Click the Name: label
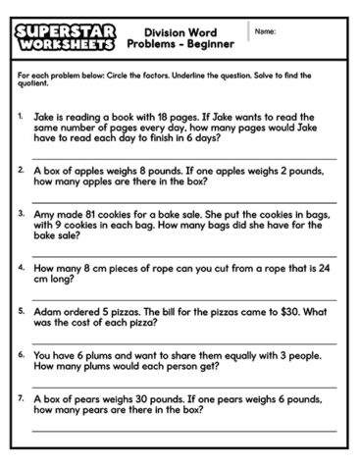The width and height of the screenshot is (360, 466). click(x=265, y=31)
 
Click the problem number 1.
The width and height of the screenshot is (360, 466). click(x=21, y=115)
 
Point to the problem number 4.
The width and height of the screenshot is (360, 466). click(x=21, y=266)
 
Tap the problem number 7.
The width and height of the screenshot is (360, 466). click(x=21, y=399)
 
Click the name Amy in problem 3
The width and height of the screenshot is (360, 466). click(x=44, y=212)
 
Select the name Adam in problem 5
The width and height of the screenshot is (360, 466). click(x=47, y=311)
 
